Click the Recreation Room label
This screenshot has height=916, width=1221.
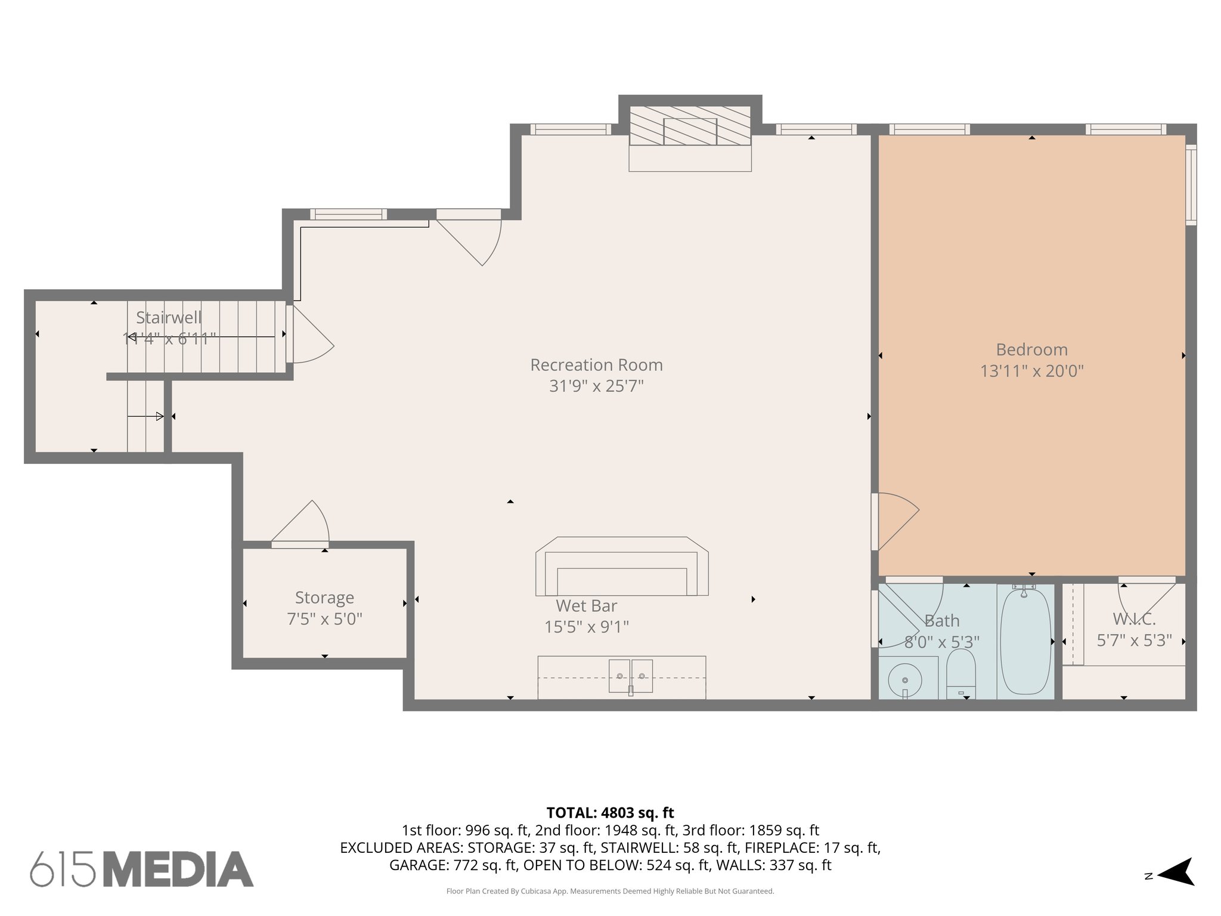point(596,364)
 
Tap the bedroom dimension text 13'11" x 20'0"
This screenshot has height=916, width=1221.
point(1031,371)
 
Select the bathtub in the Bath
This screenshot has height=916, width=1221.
point(1025,641)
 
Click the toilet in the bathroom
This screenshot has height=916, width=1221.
point(960,674)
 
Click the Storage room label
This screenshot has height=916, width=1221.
point(324,597)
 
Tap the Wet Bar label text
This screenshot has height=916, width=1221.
point(586,605)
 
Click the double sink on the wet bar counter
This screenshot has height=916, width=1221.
point(630,676)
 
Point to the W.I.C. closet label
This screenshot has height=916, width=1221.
point(1134,619)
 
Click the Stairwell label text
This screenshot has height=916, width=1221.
point(169,317)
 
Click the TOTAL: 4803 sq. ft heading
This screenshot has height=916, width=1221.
point(610,812)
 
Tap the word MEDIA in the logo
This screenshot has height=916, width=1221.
point(178,869)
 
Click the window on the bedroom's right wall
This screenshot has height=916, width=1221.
point(1191,184)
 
